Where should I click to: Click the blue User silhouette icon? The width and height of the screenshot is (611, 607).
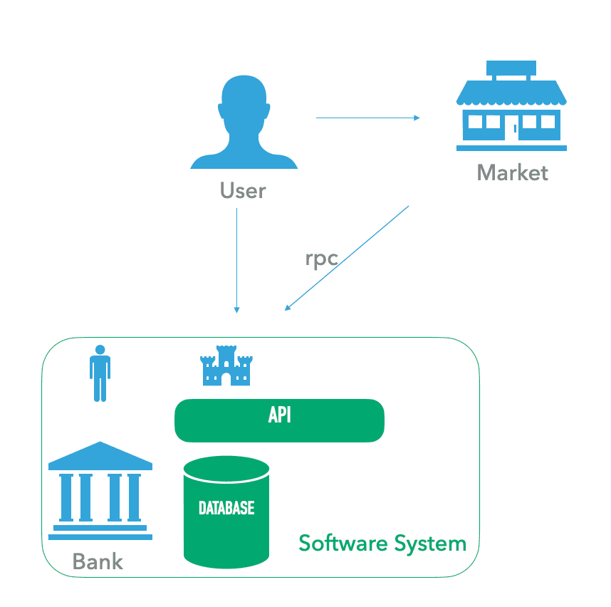(244, 128)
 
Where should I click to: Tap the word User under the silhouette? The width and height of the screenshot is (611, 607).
(243, 191)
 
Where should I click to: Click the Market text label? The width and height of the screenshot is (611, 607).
(512, 172)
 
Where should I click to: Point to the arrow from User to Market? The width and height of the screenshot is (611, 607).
(367, 118)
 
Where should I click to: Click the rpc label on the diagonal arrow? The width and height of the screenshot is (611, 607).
(321, 258)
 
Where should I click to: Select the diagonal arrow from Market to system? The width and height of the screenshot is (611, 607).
(347, 259)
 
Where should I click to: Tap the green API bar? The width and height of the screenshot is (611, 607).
(279, 420)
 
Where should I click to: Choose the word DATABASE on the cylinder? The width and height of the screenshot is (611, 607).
(226, 508)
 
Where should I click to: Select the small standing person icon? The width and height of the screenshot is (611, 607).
(100, 373)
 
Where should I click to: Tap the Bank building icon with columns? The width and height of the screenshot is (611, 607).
(100, 492)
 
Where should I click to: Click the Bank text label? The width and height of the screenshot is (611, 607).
(98, 561)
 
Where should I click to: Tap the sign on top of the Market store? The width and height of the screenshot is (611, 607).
(511, 69)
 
